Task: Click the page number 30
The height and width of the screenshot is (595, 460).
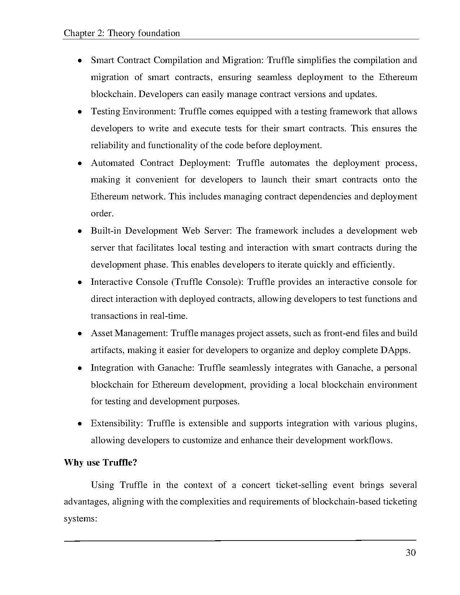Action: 411,553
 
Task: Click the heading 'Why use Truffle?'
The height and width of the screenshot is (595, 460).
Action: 101,463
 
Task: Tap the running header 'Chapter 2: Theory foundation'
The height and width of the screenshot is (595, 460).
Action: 122,34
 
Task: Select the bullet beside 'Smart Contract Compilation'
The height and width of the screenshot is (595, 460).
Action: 80,61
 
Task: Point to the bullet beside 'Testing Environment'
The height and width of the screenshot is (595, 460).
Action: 80,112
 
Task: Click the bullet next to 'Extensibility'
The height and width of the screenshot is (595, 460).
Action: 80,424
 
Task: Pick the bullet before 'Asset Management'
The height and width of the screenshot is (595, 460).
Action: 80,334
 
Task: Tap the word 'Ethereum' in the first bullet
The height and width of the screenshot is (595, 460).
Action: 398,77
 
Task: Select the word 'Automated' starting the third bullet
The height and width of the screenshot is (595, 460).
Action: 112,163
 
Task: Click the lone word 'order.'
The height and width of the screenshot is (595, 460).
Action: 102,213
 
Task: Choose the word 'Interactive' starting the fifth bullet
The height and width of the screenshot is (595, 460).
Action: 111,282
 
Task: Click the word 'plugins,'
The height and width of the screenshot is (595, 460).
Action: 402,423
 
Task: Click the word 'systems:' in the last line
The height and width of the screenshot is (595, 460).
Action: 81,519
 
